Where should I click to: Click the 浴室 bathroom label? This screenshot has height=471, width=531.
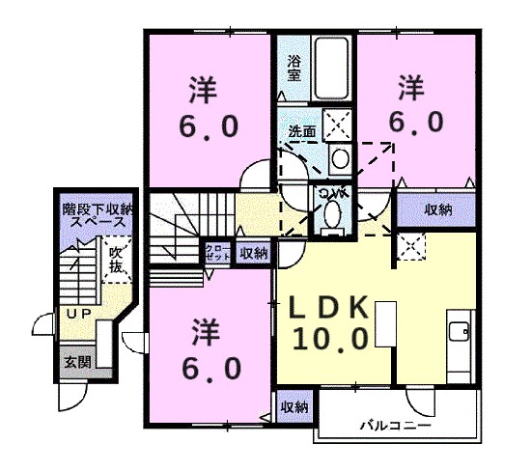(x=293, y=68)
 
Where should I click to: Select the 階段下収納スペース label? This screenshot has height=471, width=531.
(x=97, y=214)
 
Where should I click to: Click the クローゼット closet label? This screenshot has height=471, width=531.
(x=216, y=254)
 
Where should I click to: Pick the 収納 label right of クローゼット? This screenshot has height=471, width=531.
(x=253, y=254)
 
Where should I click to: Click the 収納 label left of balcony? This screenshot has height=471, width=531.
(x=293, y=408)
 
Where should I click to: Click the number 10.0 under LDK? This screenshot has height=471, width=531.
(x=332, y=339)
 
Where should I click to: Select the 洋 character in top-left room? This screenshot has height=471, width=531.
(x=203, y=91)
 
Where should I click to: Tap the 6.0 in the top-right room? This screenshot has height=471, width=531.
(x=417, y=122)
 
